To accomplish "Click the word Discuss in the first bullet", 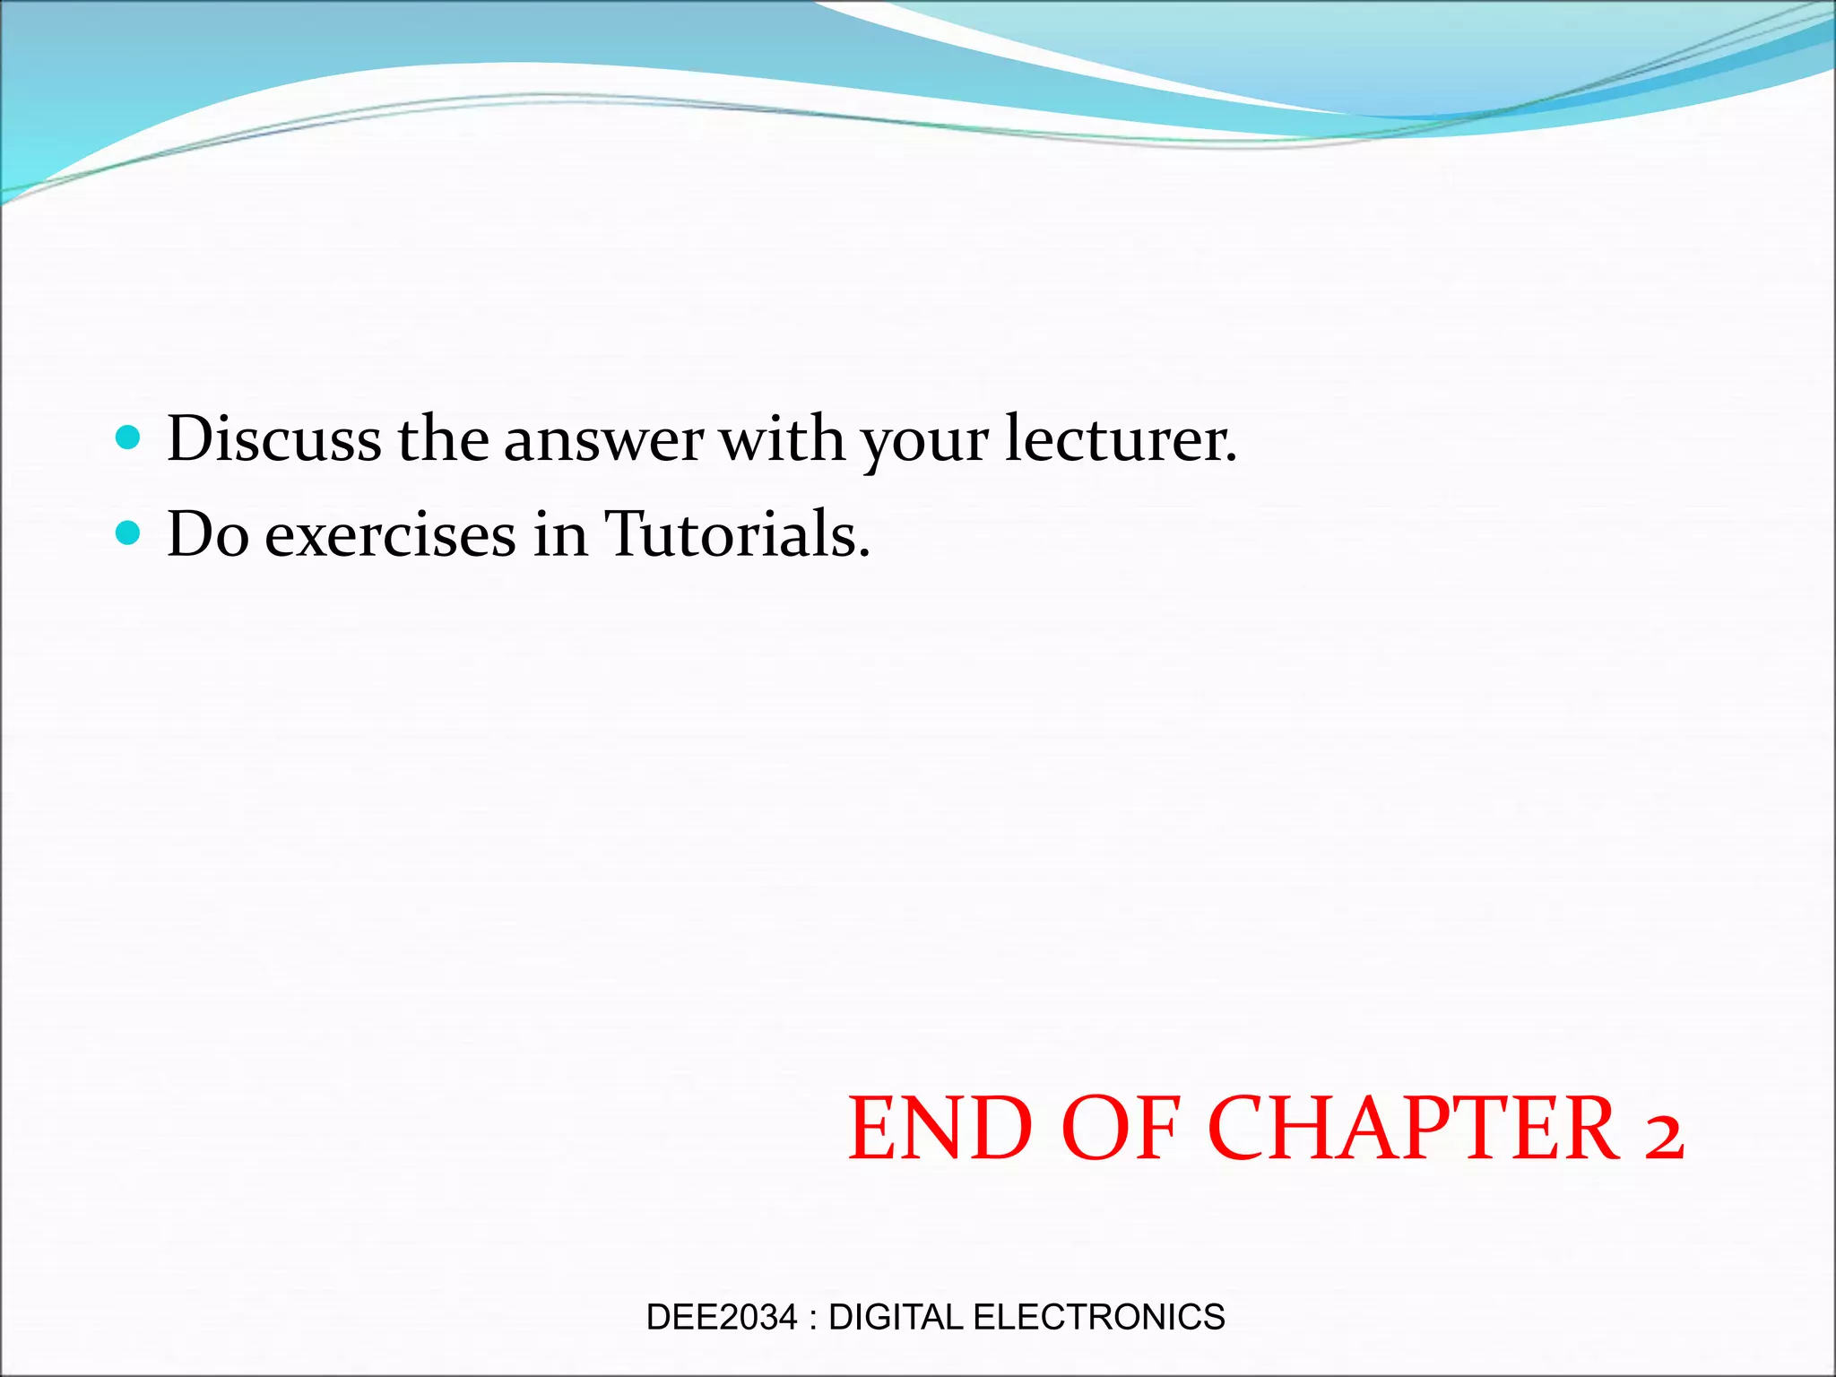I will (274, 440).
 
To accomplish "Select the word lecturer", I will (1121, 440).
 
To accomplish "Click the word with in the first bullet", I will (783, 440).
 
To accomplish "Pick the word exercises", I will (390, 536).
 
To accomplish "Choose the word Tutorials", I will (737, 535).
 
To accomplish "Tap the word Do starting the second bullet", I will (208, 536).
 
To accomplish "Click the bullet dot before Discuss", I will (129, 437).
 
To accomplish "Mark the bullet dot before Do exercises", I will (129, 533).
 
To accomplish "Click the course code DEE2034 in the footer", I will (722, 1317).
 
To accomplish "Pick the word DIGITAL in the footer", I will (895, 1317).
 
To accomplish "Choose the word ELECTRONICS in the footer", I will (1098, 1317).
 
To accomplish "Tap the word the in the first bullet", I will (443, 440).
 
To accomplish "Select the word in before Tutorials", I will (560, 535).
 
